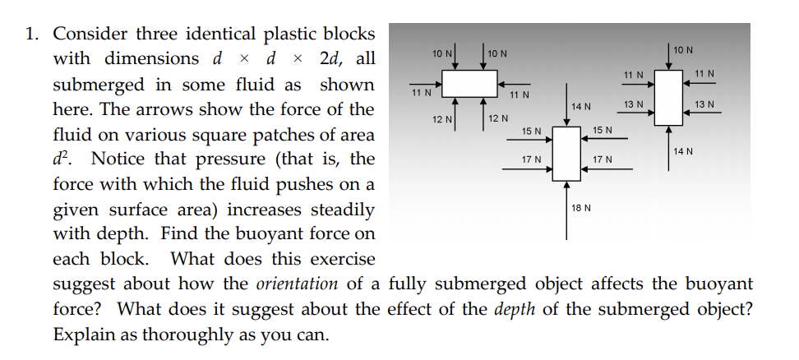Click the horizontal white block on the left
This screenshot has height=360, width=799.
coord(470,84)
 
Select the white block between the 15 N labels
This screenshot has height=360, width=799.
coord(566,153)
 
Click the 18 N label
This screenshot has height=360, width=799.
coord(580,209)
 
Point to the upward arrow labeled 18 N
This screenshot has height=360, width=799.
coord(566,210)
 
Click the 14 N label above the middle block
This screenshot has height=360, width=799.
coord(581,108)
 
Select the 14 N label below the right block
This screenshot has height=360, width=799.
coord(683,151)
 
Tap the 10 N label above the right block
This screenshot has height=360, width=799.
coord(682,51)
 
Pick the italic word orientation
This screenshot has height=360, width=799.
coord(297,284)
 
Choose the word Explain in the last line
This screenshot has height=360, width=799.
coord(81,335)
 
